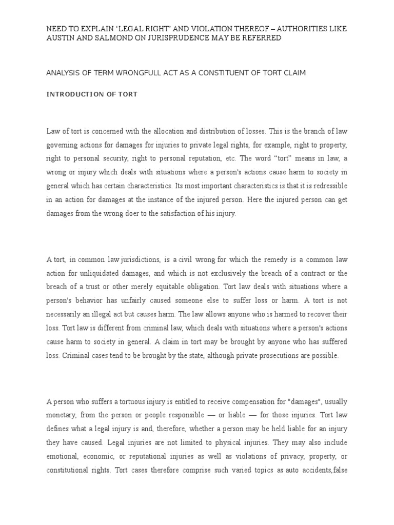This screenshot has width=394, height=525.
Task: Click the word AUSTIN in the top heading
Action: point(60,38)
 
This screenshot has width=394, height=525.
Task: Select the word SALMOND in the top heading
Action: point(115,38)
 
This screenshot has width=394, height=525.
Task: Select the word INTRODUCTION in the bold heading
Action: point(70,94)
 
